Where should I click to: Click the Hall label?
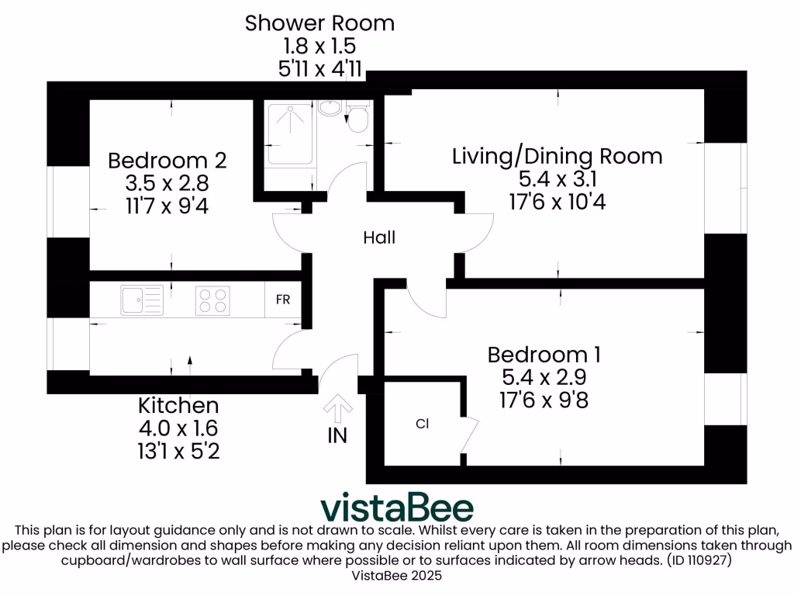[379, 237]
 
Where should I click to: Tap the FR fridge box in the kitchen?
[283, 300]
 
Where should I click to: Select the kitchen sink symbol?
[142, 300]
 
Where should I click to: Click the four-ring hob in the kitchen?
[212, 300]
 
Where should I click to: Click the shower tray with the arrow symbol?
[291, 133]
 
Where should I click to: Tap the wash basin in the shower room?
[330, 108]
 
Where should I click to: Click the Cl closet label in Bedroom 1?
[423, 424]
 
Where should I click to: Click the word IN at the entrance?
[337, 435]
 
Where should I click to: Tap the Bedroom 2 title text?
[167, 161]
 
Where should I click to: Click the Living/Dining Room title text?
[557, 156]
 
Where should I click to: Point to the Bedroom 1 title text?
[544, 355]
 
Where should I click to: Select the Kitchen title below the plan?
[178, 405]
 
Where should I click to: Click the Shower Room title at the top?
[319, 23]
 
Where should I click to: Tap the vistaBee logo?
[397, 508]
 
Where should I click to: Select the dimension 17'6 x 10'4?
[557, 202]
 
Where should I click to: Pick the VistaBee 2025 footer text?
[396, 576]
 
